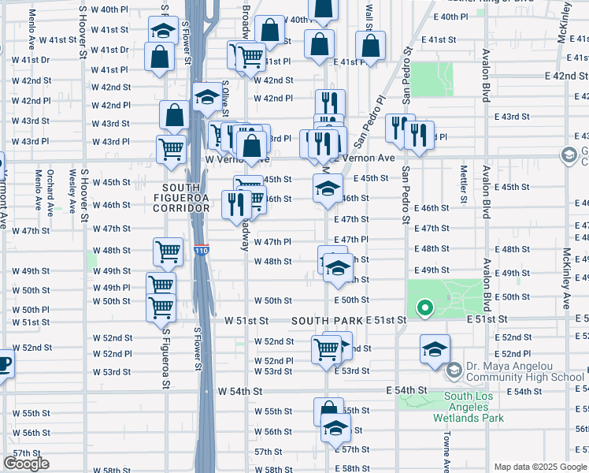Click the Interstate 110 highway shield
pos(202,251)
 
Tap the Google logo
pos(26,463)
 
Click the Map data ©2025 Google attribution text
pos(539,467)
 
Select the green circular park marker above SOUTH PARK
pos(424,307)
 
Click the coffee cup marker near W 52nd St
pos(4,364)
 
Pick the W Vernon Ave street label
pos(237,158)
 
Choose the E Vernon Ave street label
pos(363,158)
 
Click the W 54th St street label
pos(247,391)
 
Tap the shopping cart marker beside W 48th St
pos(168,251)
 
